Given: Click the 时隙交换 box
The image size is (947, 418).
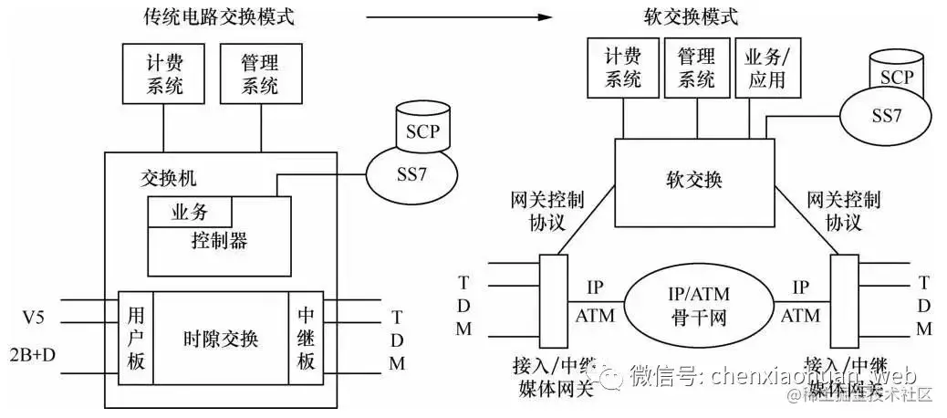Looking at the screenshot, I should [220, 340].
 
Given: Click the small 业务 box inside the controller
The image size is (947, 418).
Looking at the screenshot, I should [190, 213].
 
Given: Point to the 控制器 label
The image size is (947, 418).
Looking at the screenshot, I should [219, 242].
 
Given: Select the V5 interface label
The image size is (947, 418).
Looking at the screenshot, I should [34, 319].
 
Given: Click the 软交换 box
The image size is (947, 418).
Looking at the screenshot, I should [692, 182].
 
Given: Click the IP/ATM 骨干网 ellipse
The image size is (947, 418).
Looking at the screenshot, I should [698, 305].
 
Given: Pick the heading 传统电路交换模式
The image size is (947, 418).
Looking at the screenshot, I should [220, 16].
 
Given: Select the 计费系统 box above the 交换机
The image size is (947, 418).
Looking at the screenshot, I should [165, 76].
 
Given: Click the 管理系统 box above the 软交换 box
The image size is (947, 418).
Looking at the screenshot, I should [696, 68].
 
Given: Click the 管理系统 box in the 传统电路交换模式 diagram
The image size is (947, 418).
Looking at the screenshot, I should [259, 76].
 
